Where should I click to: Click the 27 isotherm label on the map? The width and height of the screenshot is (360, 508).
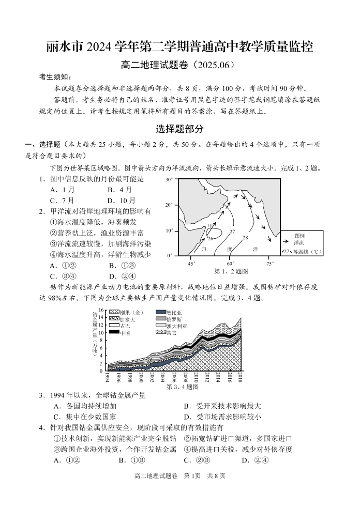[232, 231]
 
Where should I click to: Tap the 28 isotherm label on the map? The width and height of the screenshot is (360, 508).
[246, 238]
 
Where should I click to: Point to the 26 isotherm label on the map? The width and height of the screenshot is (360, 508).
[211, 239]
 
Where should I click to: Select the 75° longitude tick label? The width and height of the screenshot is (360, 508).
[270, 264]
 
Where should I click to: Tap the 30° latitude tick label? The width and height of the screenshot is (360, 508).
[169, 180]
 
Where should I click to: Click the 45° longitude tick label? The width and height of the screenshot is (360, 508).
[191, 264]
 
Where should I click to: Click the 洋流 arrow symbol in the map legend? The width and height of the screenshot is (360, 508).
[286, 241]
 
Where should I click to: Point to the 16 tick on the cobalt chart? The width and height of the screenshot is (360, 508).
[102, 310]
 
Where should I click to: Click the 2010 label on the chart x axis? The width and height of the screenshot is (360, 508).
[196, 377]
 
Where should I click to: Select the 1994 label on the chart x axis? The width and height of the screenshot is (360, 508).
[107, 377]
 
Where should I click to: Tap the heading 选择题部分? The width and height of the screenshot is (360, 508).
[179, 129]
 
